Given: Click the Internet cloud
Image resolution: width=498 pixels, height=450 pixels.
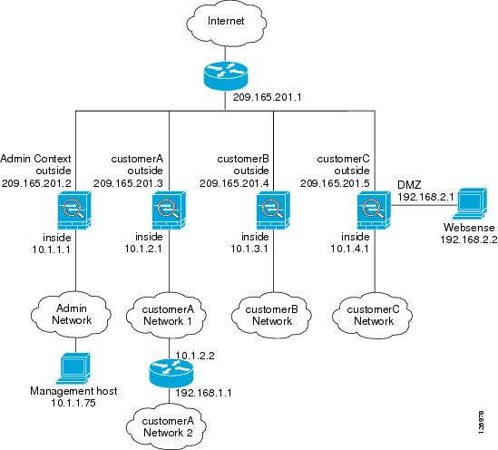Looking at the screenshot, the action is (x=227, y=23).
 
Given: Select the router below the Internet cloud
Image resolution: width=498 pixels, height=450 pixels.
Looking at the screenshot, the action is (x=225, y=75).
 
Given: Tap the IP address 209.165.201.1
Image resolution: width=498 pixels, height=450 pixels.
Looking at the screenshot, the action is (x=267, y=97).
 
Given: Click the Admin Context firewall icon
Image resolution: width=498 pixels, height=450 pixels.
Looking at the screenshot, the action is (x=74, y=210).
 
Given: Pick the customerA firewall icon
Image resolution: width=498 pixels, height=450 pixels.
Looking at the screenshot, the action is (x=169, y=210).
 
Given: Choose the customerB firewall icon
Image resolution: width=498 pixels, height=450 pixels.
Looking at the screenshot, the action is (x=273, y=210).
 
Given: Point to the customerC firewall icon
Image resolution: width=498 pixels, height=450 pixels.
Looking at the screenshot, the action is (x=374, y=210).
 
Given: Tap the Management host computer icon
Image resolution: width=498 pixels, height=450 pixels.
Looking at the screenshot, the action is (x=73, y=368).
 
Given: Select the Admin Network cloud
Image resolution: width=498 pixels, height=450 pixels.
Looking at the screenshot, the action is (x=71, y=315).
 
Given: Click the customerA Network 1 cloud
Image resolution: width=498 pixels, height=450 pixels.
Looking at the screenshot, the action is (x=167, y=316).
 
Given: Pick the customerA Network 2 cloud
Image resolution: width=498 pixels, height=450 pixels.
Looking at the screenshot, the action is (x=167, y=426).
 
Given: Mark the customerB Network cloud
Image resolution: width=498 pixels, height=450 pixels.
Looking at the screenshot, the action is (x=271, y=316).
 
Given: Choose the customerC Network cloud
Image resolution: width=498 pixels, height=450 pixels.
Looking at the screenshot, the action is (x=373, y=316).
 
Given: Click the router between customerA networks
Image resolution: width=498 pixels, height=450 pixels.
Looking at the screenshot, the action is (x=171, y=374).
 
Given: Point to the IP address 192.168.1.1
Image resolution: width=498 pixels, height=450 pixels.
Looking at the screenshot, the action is (x=203, y=393).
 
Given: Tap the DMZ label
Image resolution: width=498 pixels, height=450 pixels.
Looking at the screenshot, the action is (x=409, y=185).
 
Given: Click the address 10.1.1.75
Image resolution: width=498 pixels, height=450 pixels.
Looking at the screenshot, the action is (x=73, y=403).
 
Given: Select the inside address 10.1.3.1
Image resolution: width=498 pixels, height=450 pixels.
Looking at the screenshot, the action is (x=249, y=249).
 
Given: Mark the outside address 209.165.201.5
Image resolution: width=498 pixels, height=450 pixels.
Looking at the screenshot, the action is (x=335, y=183).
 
